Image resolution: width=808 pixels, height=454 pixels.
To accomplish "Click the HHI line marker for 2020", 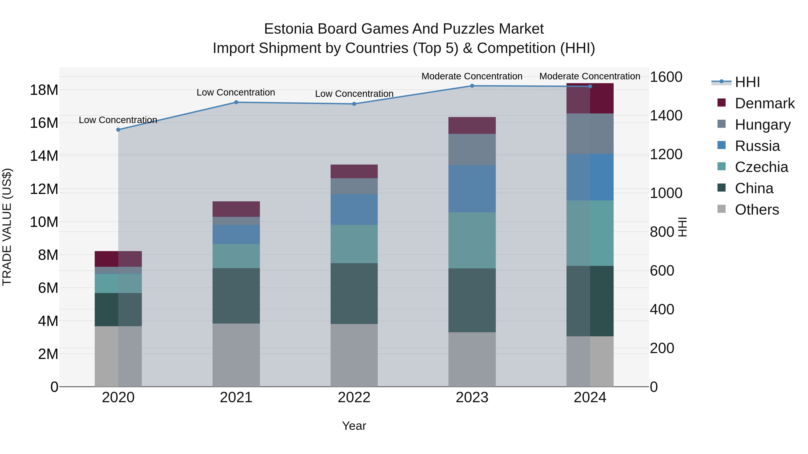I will coord(118,130).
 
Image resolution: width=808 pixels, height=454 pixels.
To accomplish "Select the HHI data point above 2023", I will coord(472,86).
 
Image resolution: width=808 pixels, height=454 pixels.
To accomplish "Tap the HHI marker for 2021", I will coord(236,102).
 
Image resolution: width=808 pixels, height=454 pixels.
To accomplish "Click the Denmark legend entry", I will coord(764,103).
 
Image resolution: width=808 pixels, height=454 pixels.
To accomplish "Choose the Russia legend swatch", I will coord(721,145).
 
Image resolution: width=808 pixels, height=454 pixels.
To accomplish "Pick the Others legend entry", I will coord(757,210).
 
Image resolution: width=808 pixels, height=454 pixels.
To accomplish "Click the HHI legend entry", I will coord(747,82).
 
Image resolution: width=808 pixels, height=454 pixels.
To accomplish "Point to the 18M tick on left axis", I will coord(44,90).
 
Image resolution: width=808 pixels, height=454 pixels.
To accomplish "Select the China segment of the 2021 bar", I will coord(236,295).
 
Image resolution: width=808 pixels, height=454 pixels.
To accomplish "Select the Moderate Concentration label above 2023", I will coord(472,76).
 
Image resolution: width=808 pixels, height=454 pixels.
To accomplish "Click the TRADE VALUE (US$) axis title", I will coord(7,227).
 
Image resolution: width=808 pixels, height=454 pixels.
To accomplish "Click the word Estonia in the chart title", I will coord(289,29).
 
